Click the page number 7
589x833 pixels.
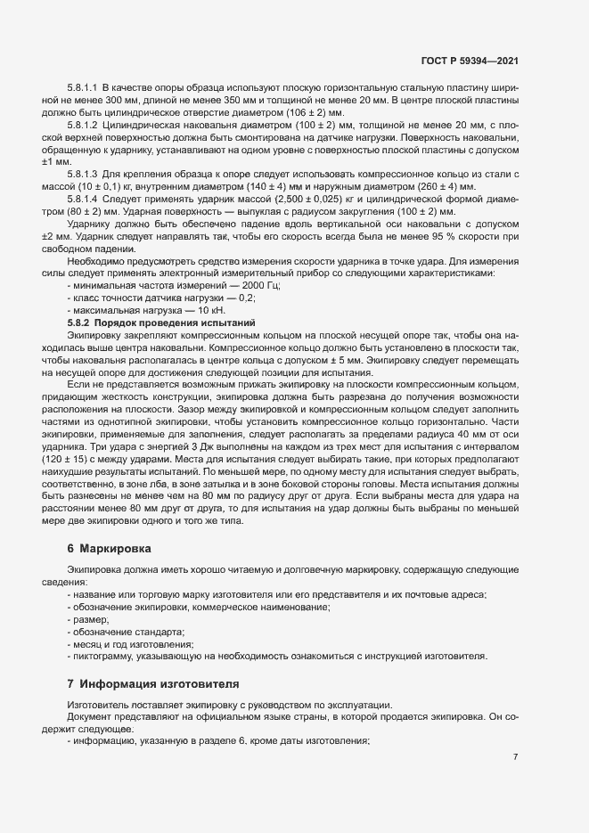(x=515, y=757)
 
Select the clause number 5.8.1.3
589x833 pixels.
(x=83, y=172)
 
